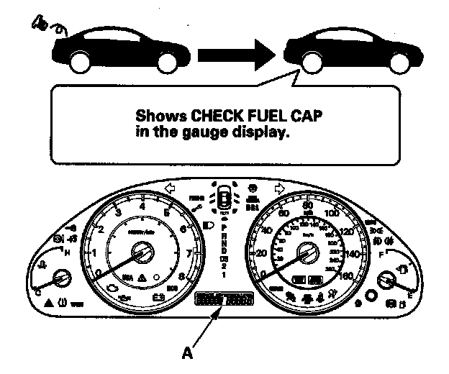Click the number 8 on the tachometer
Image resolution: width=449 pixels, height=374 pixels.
[x=181, y=276]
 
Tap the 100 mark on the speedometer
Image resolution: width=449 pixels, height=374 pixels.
[x=332, y=214]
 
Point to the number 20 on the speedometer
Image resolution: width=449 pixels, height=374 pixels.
[x=260, y=253]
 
